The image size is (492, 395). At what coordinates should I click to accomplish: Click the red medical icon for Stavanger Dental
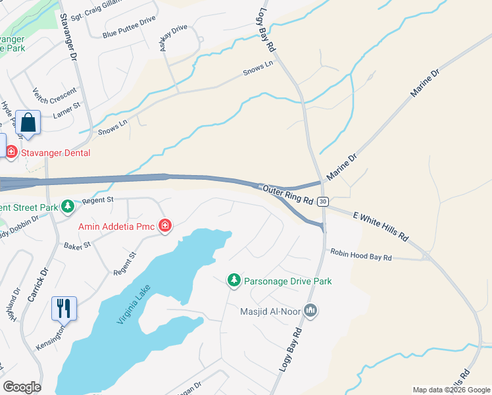point(11,153)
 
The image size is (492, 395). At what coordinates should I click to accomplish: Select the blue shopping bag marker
point(28,122)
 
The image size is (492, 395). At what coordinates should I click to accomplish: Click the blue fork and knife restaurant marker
point(64,307)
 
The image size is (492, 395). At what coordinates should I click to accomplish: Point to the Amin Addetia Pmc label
point(117,227)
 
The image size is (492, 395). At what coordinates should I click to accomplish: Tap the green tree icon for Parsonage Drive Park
point(234,281)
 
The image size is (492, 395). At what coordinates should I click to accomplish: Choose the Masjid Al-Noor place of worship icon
point(312,310)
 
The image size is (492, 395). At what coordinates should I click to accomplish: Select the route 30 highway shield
point(322,201)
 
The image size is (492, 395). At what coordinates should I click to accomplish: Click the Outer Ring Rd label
point(287,196)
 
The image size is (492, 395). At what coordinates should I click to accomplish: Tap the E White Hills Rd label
point(381,226)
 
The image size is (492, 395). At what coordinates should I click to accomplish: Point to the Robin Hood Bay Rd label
point(361,255)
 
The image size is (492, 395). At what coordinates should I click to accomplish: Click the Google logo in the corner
point(22,387)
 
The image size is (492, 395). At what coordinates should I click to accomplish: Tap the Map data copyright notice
point(451,390)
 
